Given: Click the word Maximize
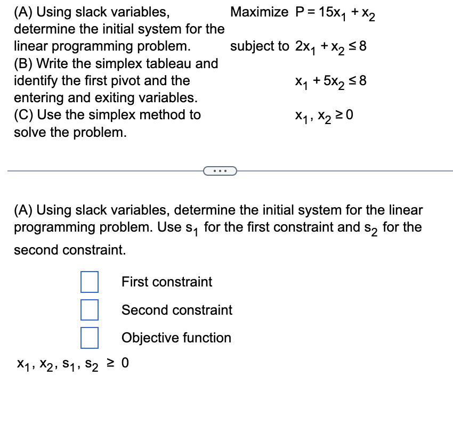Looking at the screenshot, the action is point(259,12).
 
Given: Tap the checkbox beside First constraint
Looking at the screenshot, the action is point(90,282).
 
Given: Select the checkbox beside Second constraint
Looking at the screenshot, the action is point(90,309).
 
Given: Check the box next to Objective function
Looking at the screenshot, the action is point(90,337).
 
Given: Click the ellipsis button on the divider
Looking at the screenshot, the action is point(220,171).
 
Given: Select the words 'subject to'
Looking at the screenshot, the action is point(260,46).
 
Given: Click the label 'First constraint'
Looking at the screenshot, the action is point(167,282).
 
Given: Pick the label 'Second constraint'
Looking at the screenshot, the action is point(177,309).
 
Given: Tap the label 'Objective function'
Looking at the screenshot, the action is point(176,338).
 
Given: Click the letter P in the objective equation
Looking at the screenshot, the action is point(300,12).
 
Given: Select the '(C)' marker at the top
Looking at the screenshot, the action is point(24,114).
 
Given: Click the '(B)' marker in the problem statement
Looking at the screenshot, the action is point(24,63).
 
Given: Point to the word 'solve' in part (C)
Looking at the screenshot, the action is point(30,132).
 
